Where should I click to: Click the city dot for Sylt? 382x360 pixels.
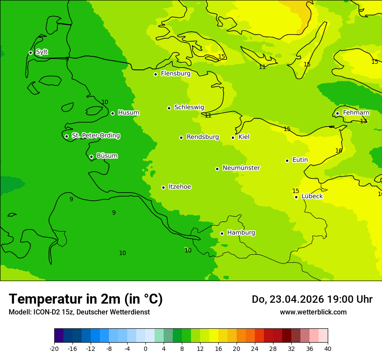[30, 52]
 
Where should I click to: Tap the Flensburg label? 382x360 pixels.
[175, 74]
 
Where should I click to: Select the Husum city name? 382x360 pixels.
[128, 113]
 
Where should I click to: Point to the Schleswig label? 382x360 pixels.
[189, 107]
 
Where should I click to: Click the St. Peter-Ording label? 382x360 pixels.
[95, 136]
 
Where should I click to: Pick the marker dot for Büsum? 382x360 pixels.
[91, 157]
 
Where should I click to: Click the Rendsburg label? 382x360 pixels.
[202, 137]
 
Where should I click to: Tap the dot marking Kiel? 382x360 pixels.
[233, 137]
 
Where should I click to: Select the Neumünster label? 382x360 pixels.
[241, 168]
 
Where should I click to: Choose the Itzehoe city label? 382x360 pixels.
[180, 187]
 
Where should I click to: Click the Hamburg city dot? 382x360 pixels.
[222, 233]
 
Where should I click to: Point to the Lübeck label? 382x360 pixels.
[312, 196]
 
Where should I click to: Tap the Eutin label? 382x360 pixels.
[300, 160]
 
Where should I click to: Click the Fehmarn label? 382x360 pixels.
[356, 113]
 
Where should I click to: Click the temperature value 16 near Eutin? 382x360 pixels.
[339, 151]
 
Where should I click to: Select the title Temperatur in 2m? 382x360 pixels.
[86, 299]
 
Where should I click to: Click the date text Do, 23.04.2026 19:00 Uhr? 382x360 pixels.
[312, 299]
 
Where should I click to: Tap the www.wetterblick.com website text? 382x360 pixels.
[313, 312]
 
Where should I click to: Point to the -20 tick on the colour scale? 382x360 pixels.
[54, 348]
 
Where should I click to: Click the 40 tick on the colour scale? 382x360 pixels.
[327, 348]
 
